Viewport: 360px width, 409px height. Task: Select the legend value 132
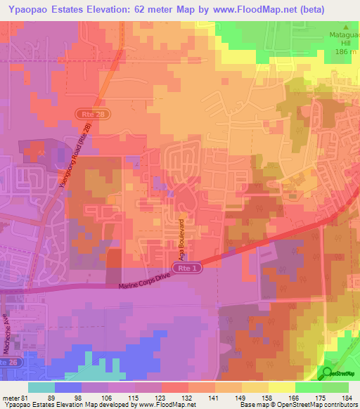click(187, 398)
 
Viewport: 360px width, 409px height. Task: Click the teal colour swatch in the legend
click(41, 387)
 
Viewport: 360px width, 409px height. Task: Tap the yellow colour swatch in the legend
click(281, 387)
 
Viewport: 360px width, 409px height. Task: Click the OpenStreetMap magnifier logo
click(326, 373)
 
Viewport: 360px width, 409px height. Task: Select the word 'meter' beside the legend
click(11, 398)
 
